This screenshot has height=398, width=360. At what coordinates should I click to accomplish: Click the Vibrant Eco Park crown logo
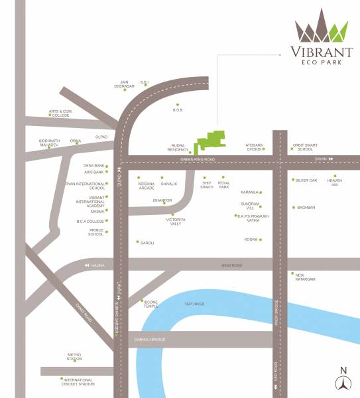click(322, 29)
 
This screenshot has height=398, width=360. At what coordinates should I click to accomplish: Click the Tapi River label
click(194, 304)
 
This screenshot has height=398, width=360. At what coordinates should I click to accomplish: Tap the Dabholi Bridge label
click(150, 339)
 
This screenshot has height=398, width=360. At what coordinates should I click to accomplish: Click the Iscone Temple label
click(150, 304)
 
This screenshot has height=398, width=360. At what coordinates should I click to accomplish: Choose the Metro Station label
click(74, 357)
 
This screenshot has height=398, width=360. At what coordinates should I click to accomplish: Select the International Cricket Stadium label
click(79, 381)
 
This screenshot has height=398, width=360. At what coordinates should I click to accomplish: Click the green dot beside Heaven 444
click(335, 176)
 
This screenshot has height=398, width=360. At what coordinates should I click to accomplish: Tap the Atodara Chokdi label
click(255, 147)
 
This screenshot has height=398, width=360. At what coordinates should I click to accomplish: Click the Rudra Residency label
click(178, 148)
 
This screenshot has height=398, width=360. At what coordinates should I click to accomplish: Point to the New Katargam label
click(305, 277)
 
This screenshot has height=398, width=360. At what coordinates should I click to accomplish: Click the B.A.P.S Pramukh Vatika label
click(253, 218)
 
